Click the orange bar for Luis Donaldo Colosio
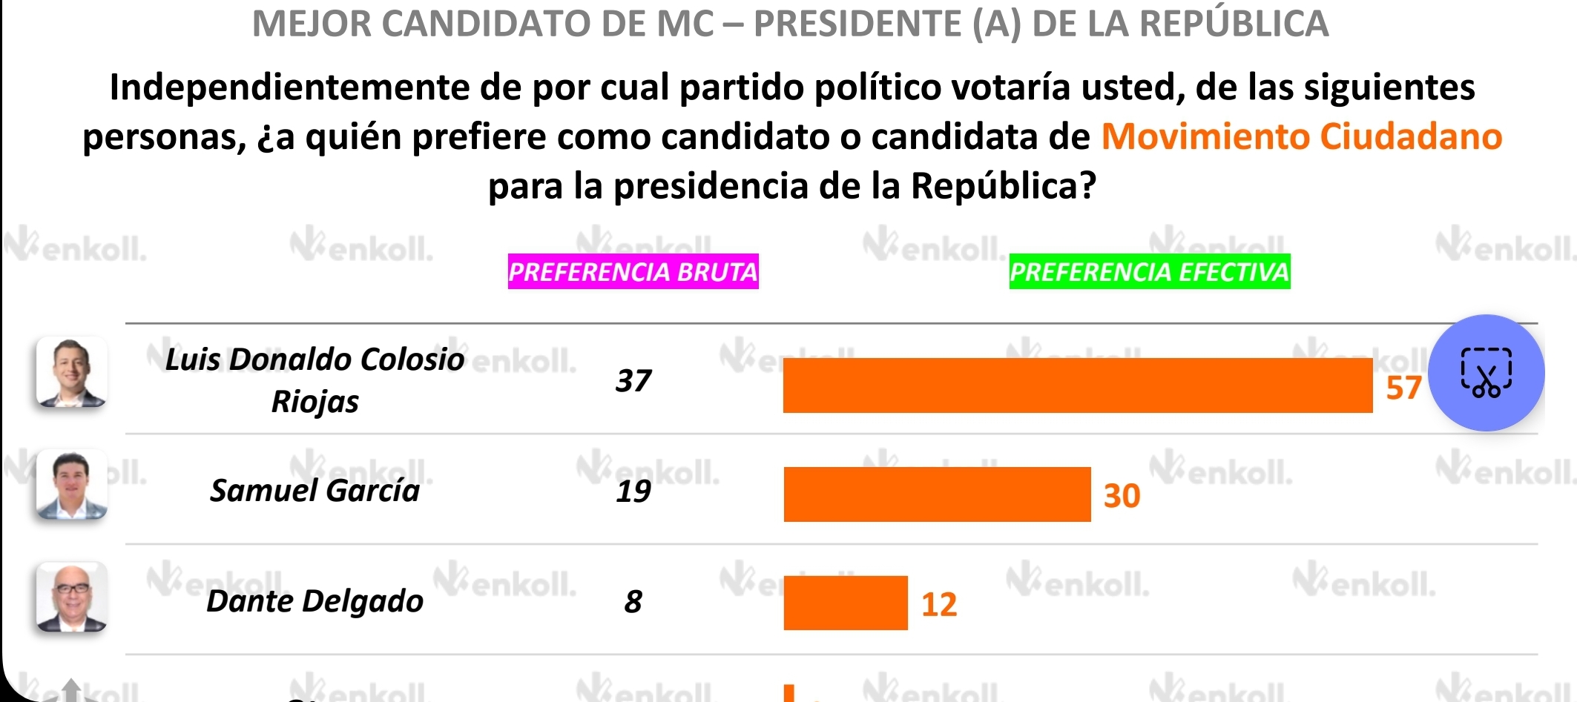click(1077, 385)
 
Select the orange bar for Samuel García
click(937, 494)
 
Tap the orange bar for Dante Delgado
click(845, 603)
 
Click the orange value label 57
click(1403, 388)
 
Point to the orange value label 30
click(1122, 496)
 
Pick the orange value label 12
click(938, 605)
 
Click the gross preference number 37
click(633, 381)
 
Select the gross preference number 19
click(633, 491)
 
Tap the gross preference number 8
click(633, 601)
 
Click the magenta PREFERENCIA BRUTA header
click(633, 272)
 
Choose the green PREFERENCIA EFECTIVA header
click(1149, 272)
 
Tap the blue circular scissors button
click(1486, 373)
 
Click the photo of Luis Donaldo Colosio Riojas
click(71, 372)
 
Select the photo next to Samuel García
click(71, 484)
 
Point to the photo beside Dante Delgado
click(71, 597)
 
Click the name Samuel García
click(315, 491)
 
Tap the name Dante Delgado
click(315, 601)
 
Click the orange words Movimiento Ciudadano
click(1301, 137)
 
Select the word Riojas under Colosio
click(315, 402)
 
